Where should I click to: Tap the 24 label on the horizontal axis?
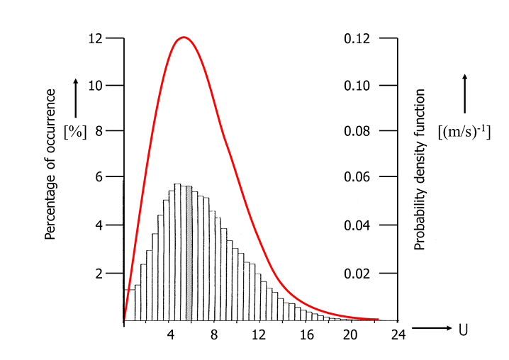click(398, 334)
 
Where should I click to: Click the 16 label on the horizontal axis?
click(306, 334)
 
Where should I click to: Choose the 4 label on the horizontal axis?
click(170, 334)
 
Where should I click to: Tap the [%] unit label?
click(74, 132)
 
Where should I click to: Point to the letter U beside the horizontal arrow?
click(463, 330)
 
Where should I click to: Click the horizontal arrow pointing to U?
click(431, 328)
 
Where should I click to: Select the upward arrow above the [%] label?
click(75, 97)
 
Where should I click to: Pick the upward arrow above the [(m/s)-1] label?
click(465, 93)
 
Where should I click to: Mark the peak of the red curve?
click(184, 37)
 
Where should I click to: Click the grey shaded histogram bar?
click(189, 253)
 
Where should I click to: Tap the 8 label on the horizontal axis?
click(214, 334)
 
